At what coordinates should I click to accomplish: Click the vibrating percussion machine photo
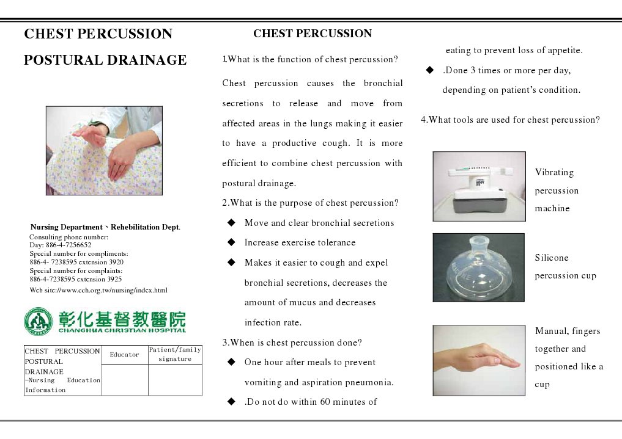pos(479,186)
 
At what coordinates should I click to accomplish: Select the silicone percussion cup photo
pos(478,267)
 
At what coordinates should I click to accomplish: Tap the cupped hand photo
pos(479,360)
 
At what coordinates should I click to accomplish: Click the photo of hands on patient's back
pos(104,151)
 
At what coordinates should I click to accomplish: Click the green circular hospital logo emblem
pos(39,322)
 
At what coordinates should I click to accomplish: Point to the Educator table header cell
pos(125,355)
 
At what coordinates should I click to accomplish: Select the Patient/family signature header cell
pos(175,355)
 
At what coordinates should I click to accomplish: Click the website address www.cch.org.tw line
pos(98,290)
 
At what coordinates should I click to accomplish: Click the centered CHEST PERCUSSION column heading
pos(313,34)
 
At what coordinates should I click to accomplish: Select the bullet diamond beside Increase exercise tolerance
pos(231,242)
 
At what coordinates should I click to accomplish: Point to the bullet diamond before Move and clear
pos(231,223)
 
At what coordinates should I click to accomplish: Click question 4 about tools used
pos(510,120)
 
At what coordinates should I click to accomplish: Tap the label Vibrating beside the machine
pos(554,173)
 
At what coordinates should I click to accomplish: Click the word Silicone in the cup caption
pos(552,258)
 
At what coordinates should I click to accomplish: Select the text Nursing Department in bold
pos(67,227)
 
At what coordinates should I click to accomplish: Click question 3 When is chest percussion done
pos(292,343)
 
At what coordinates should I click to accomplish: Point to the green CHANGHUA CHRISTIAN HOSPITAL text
pos(122,330)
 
